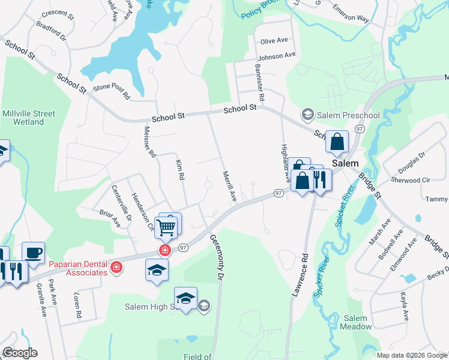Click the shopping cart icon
coord(166,226)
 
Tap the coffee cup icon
coord(33,253)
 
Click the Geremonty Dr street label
coord(215,257)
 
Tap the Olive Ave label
coord(274,41)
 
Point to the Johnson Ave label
coord(277,56)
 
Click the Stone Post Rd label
coord(111,91)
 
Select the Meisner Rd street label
coord(149,141)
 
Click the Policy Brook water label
coord(262,10)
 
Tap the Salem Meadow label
coord(357,322)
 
